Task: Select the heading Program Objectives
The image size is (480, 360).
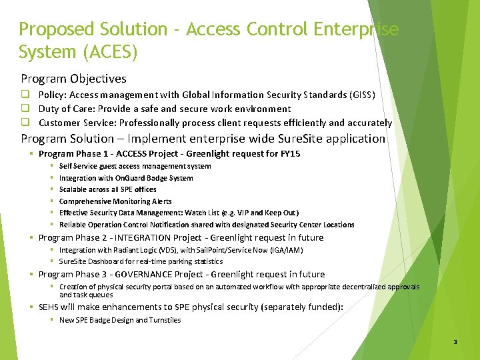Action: [73, 79]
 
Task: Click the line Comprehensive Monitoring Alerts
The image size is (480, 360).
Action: [115, 201]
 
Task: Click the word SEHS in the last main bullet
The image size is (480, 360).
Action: [49, 307]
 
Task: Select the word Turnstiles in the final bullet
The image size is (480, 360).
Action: [165, 320]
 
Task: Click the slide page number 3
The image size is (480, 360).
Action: [455, 342]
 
